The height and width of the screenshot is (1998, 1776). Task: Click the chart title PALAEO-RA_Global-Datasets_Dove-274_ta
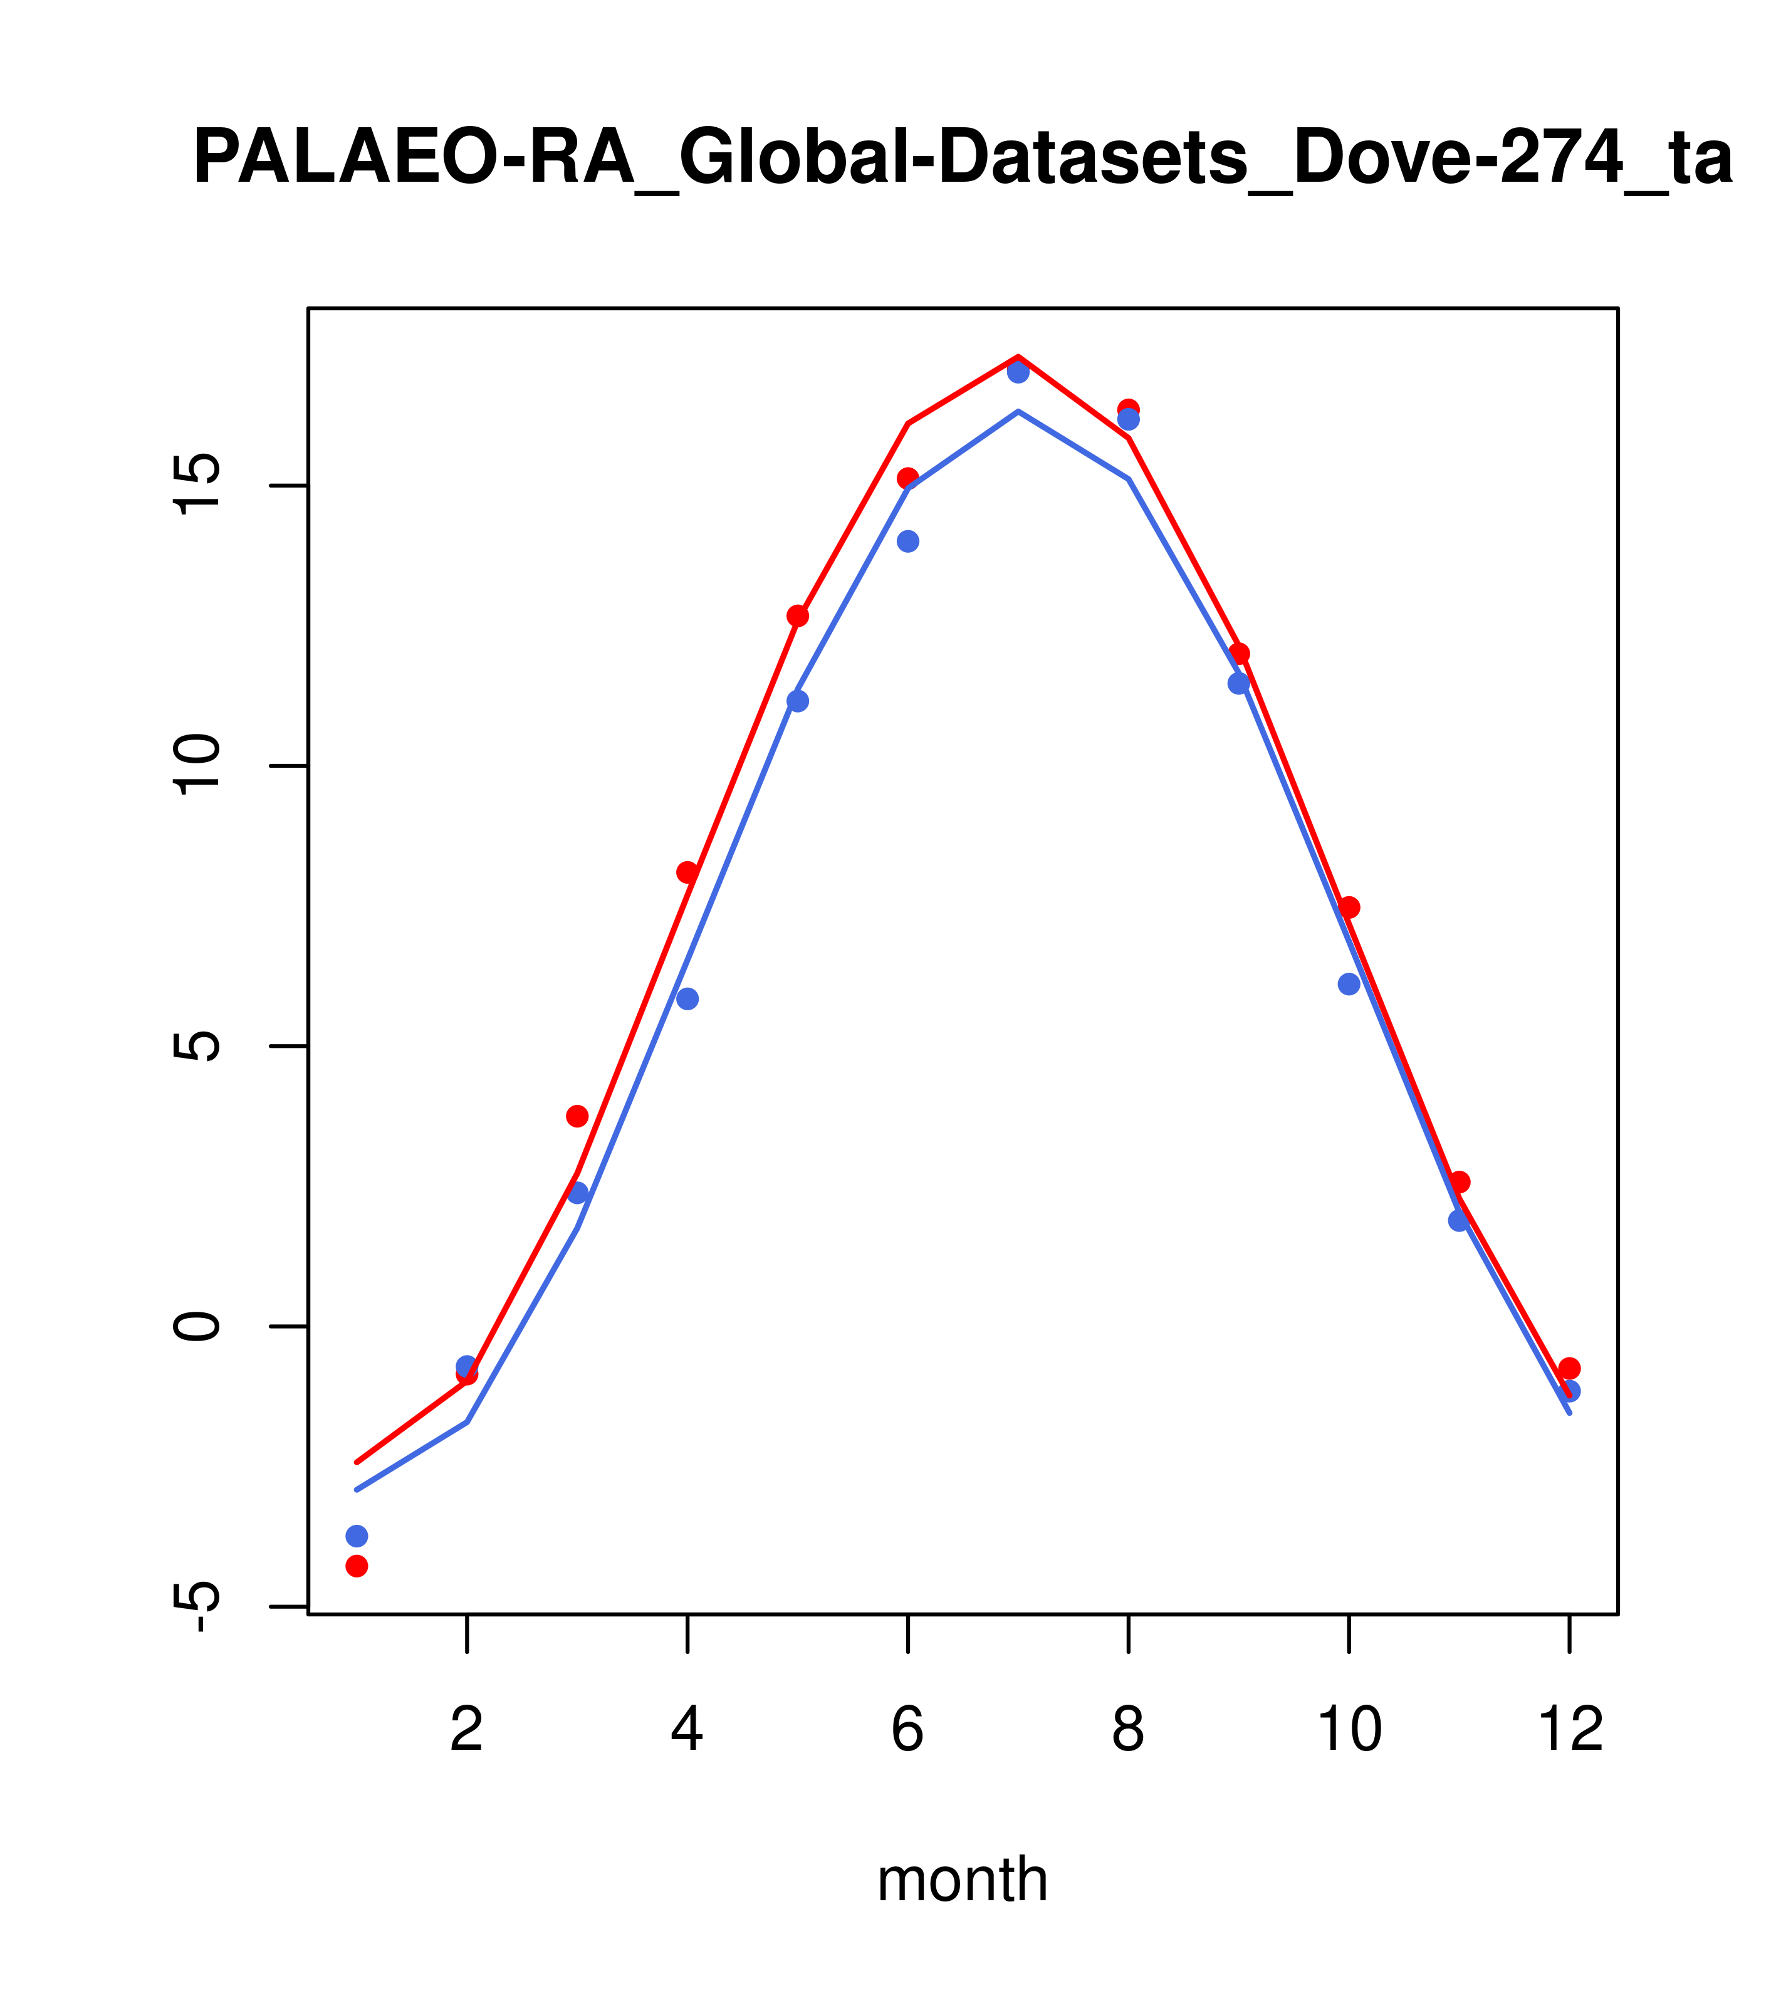pyautogui.click(x=963, y=159)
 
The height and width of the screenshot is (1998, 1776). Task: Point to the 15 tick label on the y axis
pyautogui.click(x=196, y=486)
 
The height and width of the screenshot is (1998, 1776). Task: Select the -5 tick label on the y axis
pyautogui.click(x=196, y=1606)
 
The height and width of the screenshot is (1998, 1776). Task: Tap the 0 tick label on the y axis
pyautogui.click(x=196, y=1326)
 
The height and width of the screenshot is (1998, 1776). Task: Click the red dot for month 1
pyautogui.click(x=357, y=1566)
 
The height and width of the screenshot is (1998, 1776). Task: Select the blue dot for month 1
pyautogui.click(x=357, y=1537)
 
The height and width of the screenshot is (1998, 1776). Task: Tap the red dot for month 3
pyautogui.click(x=578, y=1116)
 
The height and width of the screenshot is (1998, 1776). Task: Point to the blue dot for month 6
pyautogui.click(x=908, y=541)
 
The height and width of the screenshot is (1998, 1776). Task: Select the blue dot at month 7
pyautogui.click(x=1018, y=372)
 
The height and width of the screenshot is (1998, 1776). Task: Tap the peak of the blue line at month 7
pyautogui.click(x=1018, y=412)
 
